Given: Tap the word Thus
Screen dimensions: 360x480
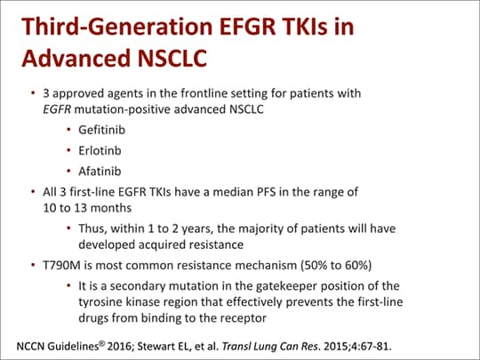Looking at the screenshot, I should coord(92,228).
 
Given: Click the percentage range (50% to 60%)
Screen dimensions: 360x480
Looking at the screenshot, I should coord(343,264).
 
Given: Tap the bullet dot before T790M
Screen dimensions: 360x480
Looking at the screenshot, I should coord(33,265).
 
